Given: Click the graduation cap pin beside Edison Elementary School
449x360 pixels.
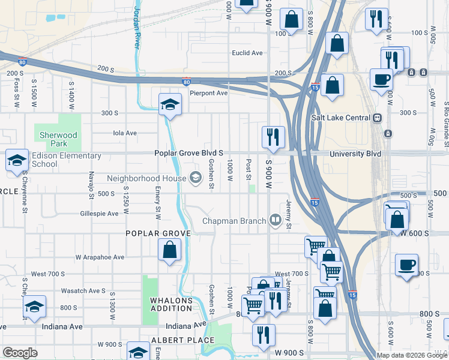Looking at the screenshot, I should point(17,161).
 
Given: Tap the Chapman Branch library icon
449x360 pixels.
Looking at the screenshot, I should point(275,220).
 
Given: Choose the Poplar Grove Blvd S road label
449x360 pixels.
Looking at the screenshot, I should point(188,154).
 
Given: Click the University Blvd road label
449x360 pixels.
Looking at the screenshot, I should point(355,154).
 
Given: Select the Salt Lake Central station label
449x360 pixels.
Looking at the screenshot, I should point(340,118).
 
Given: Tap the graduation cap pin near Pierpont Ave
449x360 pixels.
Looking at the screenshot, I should point(170,104).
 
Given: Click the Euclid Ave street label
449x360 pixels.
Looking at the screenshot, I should point(247,53).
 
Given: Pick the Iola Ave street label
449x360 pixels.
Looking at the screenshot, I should point(125,133).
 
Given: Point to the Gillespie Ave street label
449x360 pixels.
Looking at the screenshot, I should point(100,213).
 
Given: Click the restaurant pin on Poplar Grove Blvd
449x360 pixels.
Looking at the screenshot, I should point(273,137).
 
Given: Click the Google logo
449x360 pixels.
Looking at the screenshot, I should point(20,353).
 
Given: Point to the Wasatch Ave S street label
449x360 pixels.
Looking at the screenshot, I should point(83,290).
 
